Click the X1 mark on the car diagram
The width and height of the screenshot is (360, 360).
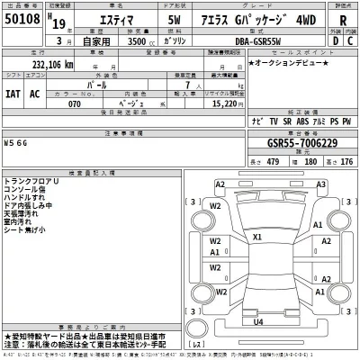(257, 238)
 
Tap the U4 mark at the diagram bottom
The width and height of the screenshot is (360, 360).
(258, 321)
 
